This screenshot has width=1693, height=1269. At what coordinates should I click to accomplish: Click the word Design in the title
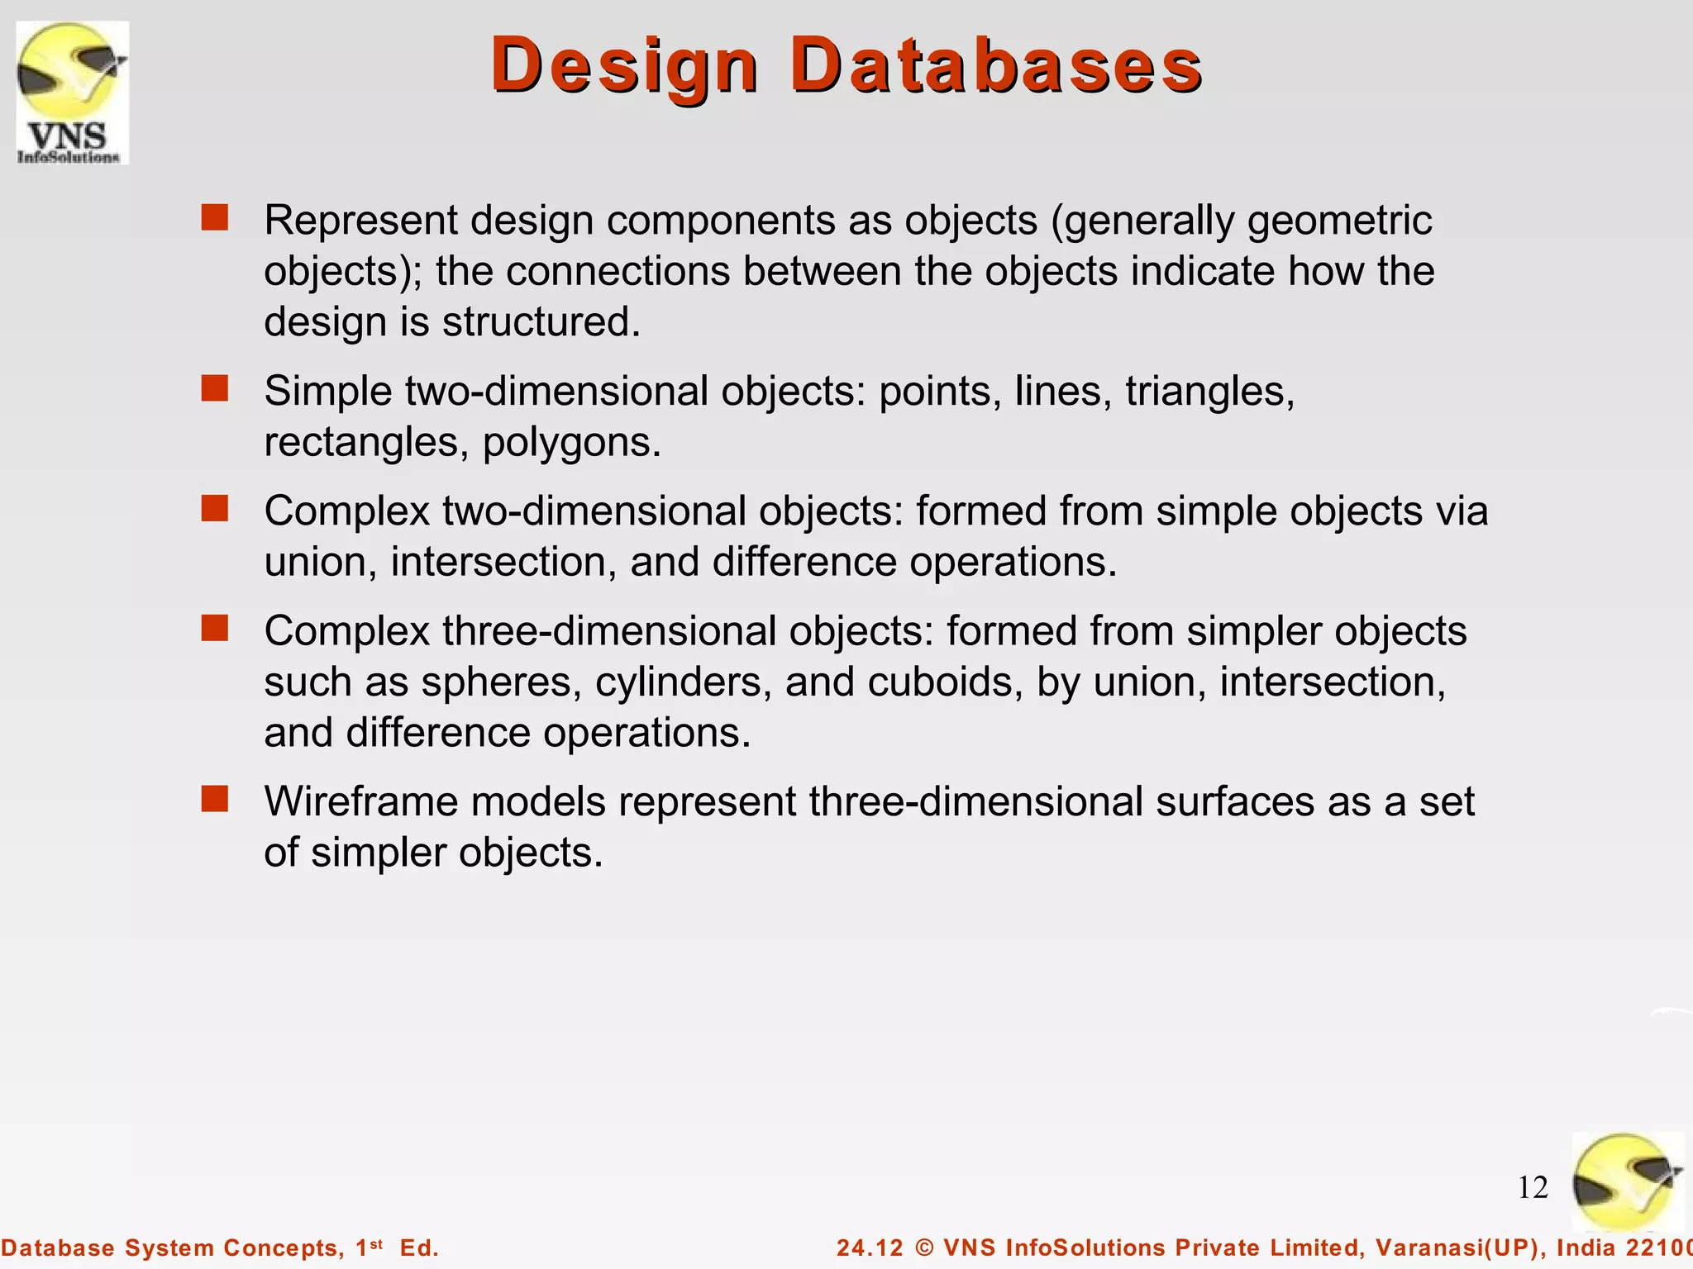point(624,66)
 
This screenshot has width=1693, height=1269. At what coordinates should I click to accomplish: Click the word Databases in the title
point(995,66)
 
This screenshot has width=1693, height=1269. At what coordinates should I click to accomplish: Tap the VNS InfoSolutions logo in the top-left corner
point(73,93)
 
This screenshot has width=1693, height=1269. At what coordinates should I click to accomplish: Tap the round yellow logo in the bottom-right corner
point(1626,1182)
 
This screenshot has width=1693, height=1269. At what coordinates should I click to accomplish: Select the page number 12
point(1533,1187)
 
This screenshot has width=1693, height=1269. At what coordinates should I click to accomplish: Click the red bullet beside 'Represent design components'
point(215,218)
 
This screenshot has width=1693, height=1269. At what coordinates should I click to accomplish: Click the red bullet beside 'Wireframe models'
point(215,799)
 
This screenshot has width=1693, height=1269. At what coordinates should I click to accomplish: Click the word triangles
point(1209,392)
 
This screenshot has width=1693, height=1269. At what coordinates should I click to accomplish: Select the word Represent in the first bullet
point(360,221)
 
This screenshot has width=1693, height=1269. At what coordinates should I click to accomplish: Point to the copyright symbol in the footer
point(924,1248)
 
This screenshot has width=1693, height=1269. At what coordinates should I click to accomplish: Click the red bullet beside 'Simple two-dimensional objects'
point(215,388)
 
